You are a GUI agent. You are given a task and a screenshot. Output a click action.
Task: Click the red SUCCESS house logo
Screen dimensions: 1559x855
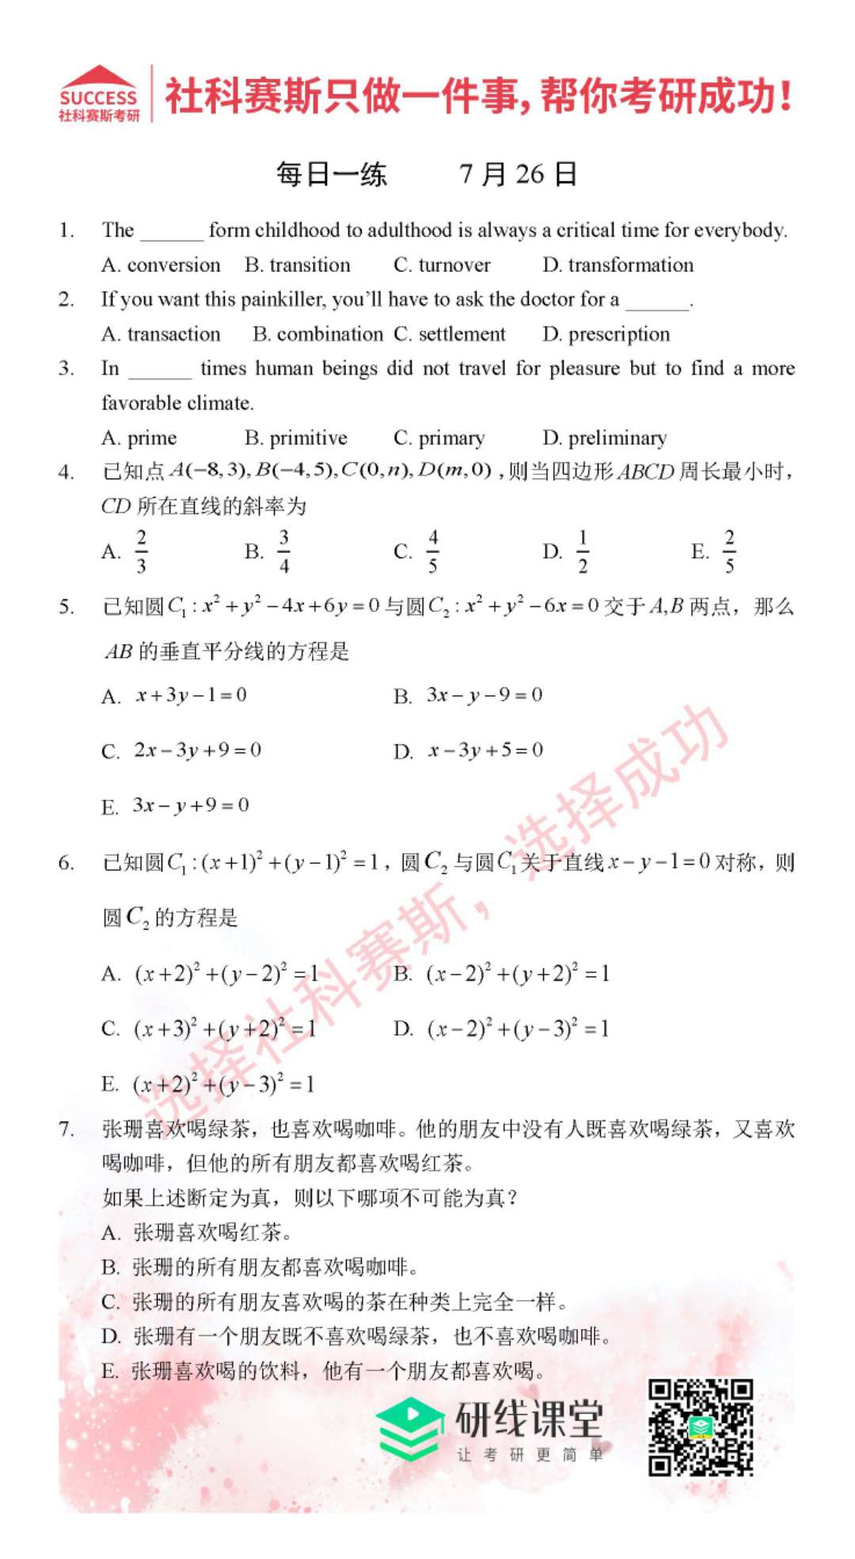pos(99,93)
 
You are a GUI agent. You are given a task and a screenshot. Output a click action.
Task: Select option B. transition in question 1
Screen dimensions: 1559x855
pos(298,264)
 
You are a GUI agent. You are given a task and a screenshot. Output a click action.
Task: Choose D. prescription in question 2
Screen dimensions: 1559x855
pos(606,334)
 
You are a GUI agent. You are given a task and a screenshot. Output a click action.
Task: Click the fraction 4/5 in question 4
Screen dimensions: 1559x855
pos(432,551)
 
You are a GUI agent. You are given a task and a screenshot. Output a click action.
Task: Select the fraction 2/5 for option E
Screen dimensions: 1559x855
pos(729,551)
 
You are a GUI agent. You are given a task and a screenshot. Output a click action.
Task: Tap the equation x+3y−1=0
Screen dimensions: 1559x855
pos(191,695)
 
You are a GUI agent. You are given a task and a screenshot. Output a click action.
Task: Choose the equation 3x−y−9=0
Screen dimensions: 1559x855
pos(484,695)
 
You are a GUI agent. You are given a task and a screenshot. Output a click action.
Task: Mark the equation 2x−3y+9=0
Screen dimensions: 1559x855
pos(197,750)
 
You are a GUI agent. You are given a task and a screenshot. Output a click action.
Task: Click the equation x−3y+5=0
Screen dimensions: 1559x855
pos(485,750)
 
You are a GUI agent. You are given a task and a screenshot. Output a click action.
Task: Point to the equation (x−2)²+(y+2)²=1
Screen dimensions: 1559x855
pos(518,973)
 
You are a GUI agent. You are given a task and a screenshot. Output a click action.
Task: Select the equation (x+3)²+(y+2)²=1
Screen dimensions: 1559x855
pos(225,1029)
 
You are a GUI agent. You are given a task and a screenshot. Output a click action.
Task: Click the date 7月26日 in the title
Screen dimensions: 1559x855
pos(518,174)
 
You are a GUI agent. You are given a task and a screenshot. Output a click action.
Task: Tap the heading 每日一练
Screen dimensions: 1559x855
pos(331,174)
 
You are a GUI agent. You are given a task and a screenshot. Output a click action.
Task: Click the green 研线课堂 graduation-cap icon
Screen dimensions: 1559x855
pos(409,1428)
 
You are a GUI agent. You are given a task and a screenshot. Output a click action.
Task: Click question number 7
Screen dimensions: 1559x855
pos(66,1129)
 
